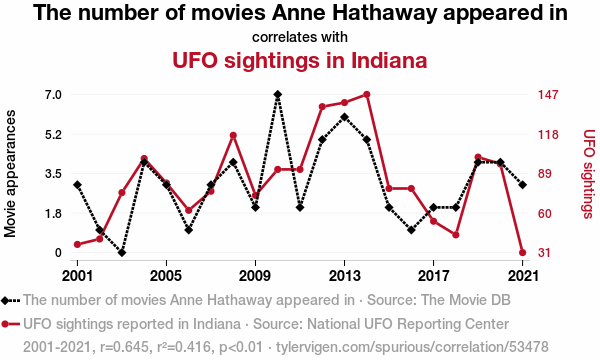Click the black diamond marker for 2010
278,94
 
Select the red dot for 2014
367,94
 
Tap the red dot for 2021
522,252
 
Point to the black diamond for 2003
122,252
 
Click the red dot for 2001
77,244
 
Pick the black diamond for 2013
344,117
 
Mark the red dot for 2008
233,135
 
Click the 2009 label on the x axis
254,275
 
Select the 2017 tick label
433,275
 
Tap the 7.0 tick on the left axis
54,94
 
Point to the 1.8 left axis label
54,213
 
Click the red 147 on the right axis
548,94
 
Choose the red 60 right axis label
545,213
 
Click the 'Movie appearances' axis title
10,174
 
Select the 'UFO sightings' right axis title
589,174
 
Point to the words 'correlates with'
300,37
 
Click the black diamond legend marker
5,300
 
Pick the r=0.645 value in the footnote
124,347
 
